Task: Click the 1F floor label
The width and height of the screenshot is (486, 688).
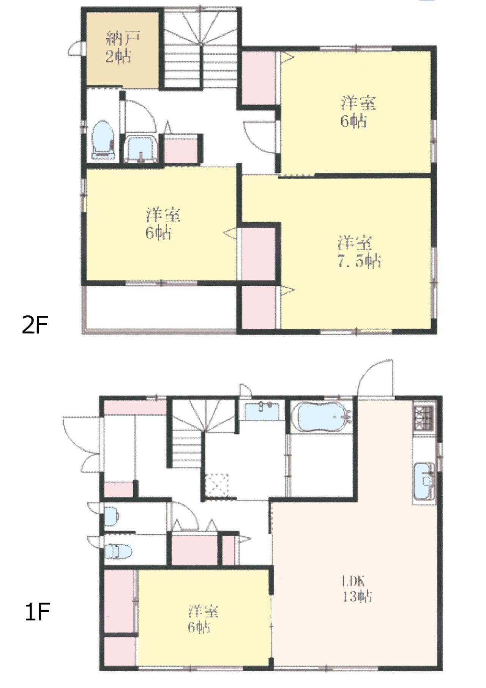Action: [37, 612]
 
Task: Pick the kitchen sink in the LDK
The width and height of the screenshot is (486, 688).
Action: [424, 482]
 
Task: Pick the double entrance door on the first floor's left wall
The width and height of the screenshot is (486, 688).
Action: [82, 444]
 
